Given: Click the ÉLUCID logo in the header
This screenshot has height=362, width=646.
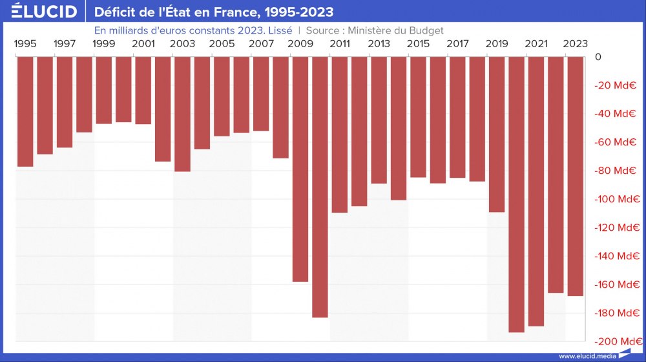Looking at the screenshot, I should coord(44,12).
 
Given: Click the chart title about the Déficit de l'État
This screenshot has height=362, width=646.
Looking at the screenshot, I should coord(214,12).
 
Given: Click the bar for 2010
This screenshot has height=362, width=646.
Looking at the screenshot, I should coord(320,187).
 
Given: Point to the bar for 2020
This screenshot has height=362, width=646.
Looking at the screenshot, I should coord(517,194).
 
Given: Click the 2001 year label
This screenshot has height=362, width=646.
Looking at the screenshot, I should coord(143,44).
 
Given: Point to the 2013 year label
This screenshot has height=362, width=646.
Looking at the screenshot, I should coord(379,44).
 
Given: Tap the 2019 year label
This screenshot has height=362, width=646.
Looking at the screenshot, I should coord(497,44).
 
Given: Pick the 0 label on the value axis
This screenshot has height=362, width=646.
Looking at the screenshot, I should coord(598,57).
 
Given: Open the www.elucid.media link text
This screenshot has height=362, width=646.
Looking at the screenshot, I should coord(587,356).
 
